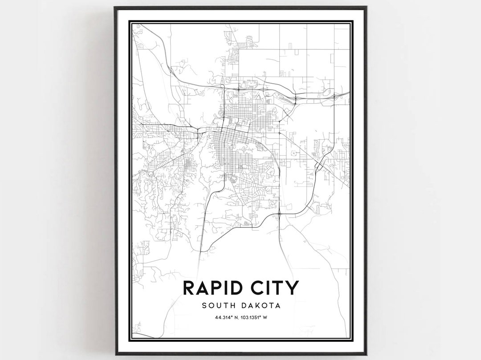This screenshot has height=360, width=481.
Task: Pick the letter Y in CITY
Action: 291,288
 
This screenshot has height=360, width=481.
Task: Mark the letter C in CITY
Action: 253,288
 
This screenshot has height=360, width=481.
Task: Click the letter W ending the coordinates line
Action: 270,317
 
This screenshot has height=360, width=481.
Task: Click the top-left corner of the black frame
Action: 115,7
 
